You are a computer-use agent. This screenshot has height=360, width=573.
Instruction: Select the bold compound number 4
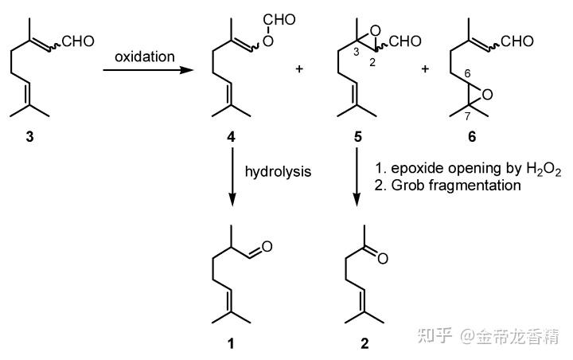(x=231, y=138)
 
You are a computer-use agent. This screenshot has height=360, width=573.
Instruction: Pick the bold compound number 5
(x=357, y=138)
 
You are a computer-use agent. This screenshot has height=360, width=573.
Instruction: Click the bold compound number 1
(x=231, y=344)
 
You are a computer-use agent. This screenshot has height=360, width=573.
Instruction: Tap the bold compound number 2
(x=364, y=344)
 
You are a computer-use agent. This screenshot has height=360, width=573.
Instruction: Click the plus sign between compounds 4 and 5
(x=300, y=69)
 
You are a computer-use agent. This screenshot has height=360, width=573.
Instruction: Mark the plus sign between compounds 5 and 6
(x=425, y=69)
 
